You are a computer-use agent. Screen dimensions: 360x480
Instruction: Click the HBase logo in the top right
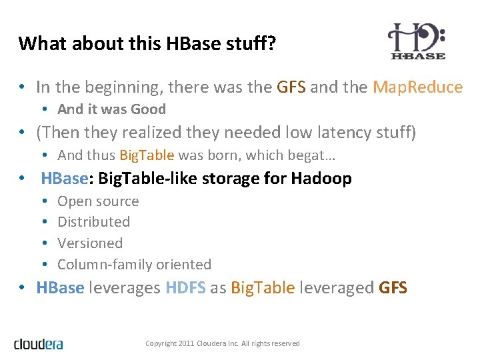point(417,41)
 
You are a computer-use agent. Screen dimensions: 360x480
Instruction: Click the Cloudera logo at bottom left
point(39,344)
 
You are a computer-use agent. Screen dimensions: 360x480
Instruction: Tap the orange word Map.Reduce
point(417,87)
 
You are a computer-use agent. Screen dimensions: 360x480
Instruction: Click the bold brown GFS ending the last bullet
point(393,288)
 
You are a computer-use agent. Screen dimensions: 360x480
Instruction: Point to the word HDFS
point(185,288)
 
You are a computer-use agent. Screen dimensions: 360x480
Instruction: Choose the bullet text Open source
point(98,201)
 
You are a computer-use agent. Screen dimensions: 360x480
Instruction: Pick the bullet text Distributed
point(93,222)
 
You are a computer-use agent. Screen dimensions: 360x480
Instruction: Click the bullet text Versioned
point(90,243)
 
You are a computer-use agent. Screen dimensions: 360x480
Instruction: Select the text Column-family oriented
point(134,265)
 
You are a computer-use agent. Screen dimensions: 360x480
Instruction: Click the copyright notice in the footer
point(223,343)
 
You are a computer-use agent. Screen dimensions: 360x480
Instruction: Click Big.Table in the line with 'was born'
point(147,155)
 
